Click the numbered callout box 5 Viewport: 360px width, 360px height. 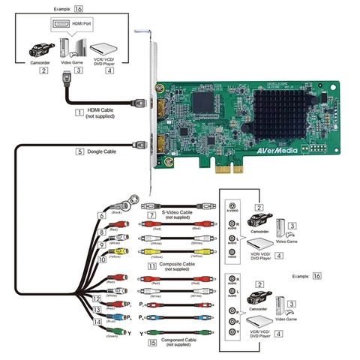79,151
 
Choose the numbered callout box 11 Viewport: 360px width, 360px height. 152,265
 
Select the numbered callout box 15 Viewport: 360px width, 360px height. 152,343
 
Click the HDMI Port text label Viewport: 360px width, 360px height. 80,23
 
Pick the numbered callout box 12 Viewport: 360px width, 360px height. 97,298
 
